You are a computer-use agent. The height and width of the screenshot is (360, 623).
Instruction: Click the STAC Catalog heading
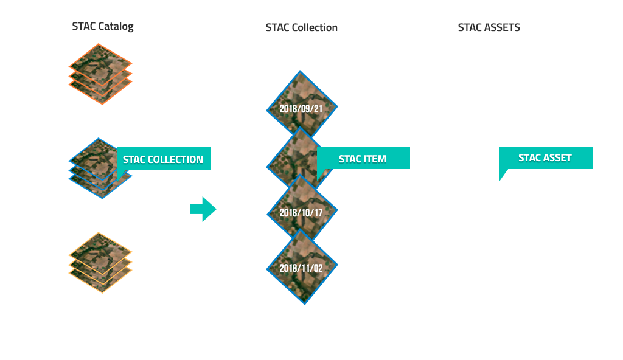click(102, 26)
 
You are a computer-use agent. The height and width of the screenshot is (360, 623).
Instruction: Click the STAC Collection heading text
click(301, 27)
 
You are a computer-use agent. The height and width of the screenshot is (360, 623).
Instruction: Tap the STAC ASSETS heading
click(489, 27)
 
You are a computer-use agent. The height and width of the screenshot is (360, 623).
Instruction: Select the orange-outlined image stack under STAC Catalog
click(100, 73)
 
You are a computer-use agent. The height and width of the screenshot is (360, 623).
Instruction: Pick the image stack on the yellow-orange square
click(100, 263)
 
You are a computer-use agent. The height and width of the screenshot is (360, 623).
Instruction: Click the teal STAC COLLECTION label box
click(164, 164)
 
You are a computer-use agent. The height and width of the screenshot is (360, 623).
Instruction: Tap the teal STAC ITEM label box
click(364, 164)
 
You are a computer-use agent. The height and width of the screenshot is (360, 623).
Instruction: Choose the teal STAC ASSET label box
click(546, 164)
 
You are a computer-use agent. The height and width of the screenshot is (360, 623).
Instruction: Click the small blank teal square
click(203, 209)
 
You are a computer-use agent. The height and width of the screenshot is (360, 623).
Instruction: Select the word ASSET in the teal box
click(557, 158)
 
